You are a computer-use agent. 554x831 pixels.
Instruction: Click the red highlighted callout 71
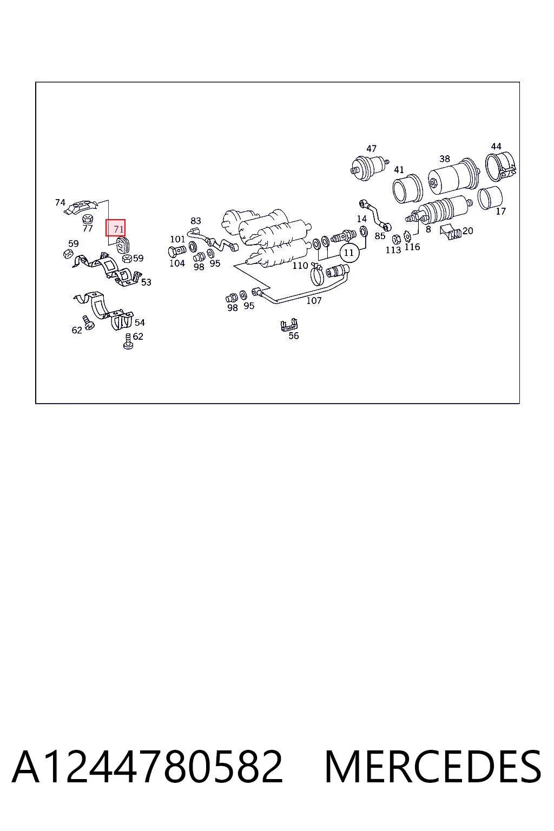pos(115,227)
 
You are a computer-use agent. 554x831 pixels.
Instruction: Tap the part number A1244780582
pos(148,767)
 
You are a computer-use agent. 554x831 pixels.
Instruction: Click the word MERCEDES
pos(433,767)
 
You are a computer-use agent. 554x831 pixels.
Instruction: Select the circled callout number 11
pos(349,253)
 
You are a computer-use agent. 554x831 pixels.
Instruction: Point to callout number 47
pos(371,148)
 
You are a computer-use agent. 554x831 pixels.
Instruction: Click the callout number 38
pos(445,159)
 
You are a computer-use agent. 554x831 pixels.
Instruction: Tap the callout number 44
pos(496,146)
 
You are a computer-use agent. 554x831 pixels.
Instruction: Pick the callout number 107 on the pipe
pos(314,300)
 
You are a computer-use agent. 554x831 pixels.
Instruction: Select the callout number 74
pos(60,202)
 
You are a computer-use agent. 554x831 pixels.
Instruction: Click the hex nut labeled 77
pos(88,218)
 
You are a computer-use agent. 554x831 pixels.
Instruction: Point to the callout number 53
pos(146,282)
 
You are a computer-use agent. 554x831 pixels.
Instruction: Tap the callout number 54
pos(140,322)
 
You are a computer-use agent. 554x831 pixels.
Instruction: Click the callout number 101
pos(177,239)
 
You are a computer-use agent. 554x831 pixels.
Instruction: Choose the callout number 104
pos(177,263)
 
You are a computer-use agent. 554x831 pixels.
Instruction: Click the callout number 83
pos(195,221)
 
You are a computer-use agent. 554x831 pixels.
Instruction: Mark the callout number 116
pos(412,247)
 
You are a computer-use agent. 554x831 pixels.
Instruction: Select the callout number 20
pos(467,231)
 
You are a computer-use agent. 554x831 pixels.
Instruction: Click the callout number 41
pos(399,169)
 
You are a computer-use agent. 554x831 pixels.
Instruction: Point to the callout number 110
pos(300,265)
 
